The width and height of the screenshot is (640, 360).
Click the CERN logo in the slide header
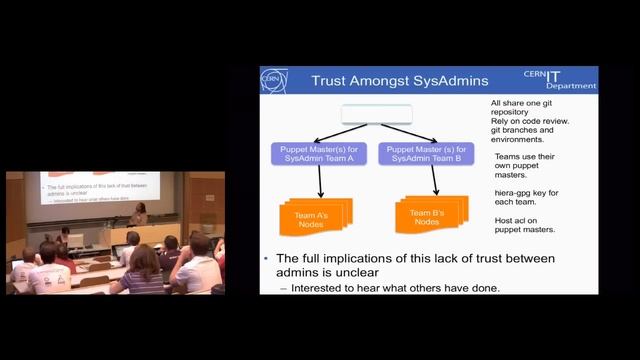[x=273, y=80]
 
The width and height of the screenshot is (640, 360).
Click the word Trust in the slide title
[x=332, y=80]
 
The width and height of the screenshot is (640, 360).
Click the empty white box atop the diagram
[x=376, y=115]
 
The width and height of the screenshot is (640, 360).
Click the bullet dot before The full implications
[x=266, y=258]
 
